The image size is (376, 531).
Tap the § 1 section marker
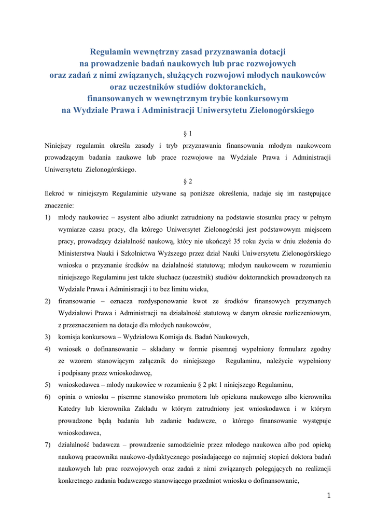coord(188,133)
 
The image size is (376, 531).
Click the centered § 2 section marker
coord(188,181)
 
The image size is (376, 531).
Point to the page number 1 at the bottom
coord(328,496)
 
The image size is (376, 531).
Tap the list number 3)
coord(48,337)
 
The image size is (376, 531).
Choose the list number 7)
coord(48,444)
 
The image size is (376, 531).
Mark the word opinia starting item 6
coord(69,397)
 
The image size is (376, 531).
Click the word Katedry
coord(72,409)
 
